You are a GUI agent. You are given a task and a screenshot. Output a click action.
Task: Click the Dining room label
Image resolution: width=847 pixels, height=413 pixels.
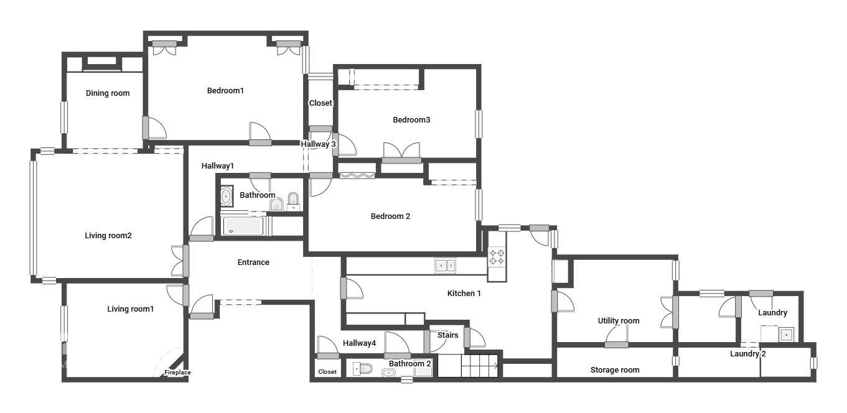point(108,93)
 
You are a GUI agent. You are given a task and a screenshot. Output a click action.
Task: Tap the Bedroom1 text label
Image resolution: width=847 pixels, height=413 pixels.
point(225,91)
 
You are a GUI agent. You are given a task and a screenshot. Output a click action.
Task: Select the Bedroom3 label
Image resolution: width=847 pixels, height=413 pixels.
point(411,120)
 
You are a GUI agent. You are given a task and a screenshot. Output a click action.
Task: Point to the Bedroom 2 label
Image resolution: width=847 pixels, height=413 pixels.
point(390,216)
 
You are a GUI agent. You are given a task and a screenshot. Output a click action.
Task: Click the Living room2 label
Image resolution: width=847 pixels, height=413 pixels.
point(108,236)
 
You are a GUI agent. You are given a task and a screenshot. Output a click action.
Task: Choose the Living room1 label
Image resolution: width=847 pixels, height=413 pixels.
point(130,309)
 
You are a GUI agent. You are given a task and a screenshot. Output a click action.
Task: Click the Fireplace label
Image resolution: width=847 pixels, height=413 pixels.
point(177,373)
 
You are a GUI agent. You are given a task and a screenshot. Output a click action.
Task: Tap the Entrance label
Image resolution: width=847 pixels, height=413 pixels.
point(253,262)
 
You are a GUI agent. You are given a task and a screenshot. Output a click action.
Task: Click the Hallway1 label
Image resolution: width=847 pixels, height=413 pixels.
point(218,166)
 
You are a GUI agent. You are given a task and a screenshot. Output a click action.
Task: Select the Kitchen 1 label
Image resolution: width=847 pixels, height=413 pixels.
point(464,293)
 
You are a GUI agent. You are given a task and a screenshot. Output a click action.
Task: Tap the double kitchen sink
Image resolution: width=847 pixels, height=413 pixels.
point(444,266)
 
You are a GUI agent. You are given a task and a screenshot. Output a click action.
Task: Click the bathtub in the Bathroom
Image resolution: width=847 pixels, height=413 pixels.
point(243,226)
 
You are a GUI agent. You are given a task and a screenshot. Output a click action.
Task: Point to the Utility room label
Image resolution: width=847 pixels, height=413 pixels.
point(619,321)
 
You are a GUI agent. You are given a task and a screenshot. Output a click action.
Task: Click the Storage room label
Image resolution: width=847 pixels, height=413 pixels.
point(615,370)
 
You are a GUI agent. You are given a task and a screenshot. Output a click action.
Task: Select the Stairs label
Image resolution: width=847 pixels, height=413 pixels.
point(447,335)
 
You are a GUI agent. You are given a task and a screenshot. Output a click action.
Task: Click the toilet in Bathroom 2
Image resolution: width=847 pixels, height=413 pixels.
point(363,369)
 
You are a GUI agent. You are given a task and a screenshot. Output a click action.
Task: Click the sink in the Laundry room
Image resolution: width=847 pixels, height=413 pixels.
point(787,335)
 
